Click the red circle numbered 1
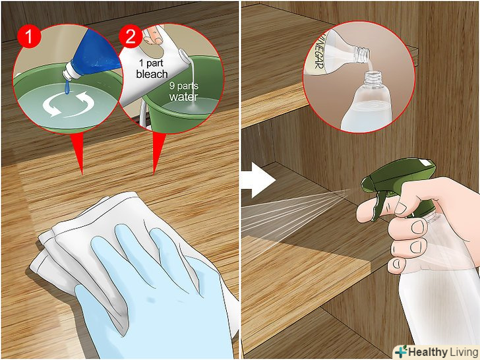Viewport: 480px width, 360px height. tap(29, 36)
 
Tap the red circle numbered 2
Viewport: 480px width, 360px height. tap(131, 36)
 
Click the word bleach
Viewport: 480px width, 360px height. tap(152, 75)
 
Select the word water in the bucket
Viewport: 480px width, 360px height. tap(183, 97)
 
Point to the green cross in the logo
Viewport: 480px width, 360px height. tap(401, 351)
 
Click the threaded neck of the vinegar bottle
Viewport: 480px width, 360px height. tap(362, 54)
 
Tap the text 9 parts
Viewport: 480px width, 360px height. tap(184, 86)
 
